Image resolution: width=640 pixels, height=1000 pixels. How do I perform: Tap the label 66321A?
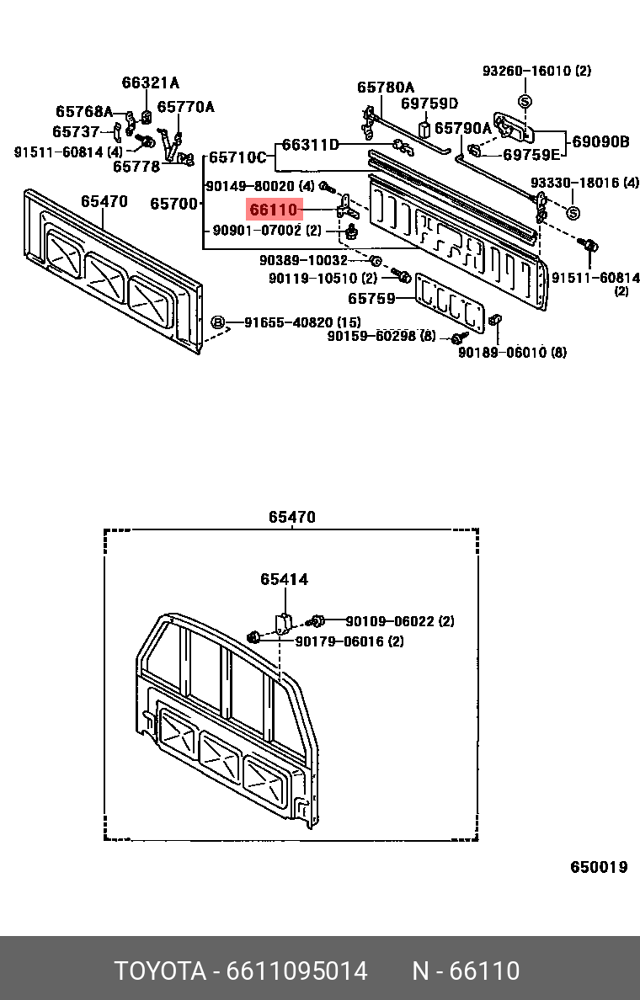coord(151,82)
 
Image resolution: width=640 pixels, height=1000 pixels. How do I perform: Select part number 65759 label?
coord(371,298)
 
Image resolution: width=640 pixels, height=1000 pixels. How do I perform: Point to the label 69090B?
coord(600,141)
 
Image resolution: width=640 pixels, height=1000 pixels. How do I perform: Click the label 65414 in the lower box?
coord(284,579)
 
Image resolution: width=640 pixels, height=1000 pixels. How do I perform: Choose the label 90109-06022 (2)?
coord(399,621)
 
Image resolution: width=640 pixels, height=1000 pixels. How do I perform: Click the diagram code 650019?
coord(599,867)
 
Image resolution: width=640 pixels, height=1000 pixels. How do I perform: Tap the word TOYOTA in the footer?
coord(160,971)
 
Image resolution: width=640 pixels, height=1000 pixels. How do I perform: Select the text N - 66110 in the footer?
coord(466,971)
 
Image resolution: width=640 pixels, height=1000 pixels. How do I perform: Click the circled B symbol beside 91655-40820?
coord(217,322)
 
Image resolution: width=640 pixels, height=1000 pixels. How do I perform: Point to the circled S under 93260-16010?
coord(524,101)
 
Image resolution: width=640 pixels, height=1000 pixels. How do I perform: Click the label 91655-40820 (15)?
coord(302,322)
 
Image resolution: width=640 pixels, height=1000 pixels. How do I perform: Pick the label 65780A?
coord(386,87)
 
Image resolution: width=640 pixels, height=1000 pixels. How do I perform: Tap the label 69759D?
coord(429,104)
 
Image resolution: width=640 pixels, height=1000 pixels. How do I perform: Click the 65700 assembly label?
coord(173,204)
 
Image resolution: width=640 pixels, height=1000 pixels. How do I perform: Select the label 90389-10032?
coord(303,261)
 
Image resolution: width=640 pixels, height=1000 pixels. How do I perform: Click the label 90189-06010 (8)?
coord(512,353)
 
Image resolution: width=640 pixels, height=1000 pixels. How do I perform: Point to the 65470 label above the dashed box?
coord(292,517)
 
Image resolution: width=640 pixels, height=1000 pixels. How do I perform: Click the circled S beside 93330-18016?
coord(573,213)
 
